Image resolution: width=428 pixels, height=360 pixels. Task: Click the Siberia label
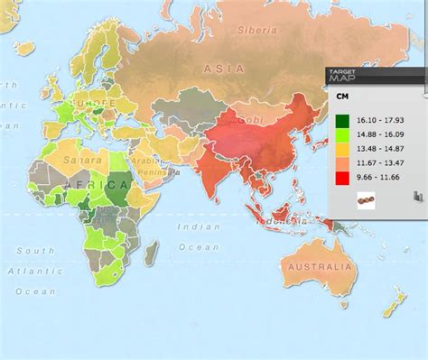tap(257, 30)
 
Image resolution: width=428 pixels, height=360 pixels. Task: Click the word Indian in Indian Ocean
tap(199, 226)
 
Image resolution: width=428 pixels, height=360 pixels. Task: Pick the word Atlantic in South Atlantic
tap(29, 270)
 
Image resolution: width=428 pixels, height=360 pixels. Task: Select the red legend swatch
tap(344, 179)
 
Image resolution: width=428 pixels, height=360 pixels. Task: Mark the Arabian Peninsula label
tap(148, 169)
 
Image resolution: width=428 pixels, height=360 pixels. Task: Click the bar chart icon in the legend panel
tap(417, 196)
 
